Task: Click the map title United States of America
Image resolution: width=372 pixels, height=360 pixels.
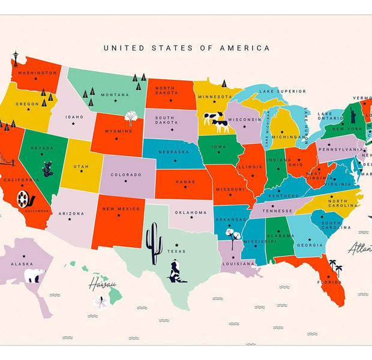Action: pyautogui.click(x=187, y=48)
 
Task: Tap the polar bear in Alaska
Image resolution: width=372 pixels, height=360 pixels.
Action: pyautogui.click(x=35, y=275)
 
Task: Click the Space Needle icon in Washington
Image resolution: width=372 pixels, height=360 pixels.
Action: pyautogui.click(x=16, y=60)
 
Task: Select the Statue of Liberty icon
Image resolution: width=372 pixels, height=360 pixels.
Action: pyautogui.click(x=353, y=112)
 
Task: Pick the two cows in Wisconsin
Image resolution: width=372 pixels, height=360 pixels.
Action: pyautogui.click(x=216, y=121)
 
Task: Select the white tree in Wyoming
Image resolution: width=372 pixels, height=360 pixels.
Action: pyautogui.click(x=131, y=117)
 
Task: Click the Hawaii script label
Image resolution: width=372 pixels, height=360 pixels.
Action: pyautogui.click(x=102, y=284)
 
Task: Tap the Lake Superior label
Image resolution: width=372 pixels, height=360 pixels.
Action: pyautogui.click(x=282, y=91)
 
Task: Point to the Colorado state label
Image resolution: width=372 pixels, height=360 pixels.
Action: pyautogui.click(x=125, y=175)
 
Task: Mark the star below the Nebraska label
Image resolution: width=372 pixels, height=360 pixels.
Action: pyautogui.click(x=173, y=160)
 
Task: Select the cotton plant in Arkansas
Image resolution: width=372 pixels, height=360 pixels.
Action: pyautogui.click(x=230, y=234)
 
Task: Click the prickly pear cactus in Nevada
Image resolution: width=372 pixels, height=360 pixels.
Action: pyautogui.click(x=47, y=169)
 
